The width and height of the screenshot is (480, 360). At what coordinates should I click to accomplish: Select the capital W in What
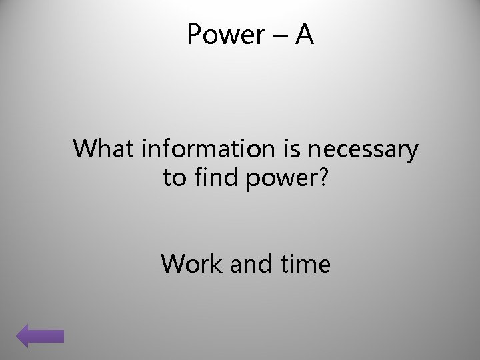pyautogui.click(x=86, y=150)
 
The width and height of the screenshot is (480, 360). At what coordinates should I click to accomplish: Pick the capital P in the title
pyautogui.click(x=195, y=35)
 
